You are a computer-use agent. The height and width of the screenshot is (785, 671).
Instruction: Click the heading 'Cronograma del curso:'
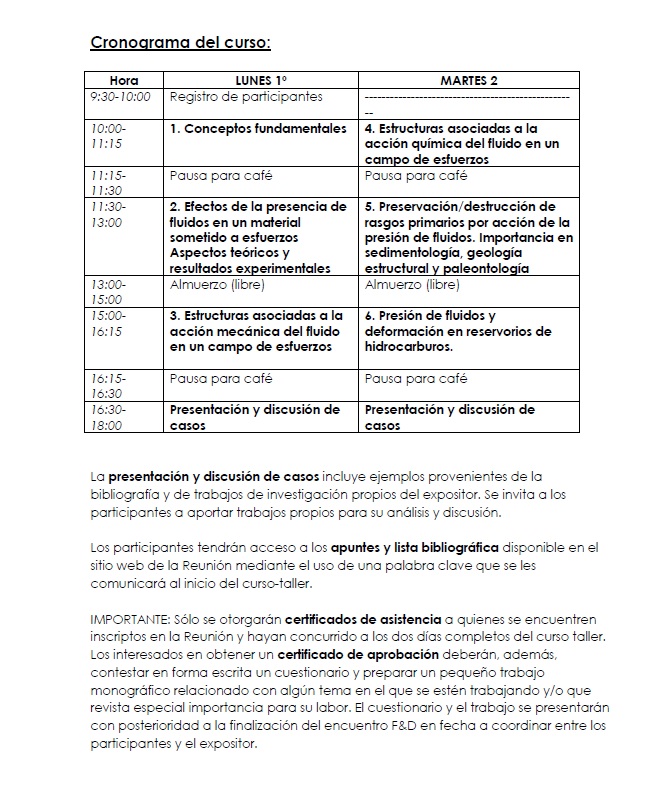click(180, 42)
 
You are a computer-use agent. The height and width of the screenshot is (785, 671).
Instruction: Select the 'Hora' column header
click(124, 80)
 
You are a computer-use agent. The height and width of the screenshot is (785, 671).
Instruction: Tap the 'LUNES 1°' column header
click(260, 80)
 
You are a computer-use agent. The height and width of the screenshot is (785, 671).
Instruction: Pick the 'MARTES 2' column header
click(469, 80)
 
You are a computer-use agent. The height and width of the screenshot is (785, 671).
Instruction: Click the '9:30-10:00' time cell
click(120, 97)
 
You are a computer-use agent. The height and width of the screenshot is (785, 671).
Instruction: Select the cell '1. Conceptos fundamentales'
click(258, 129)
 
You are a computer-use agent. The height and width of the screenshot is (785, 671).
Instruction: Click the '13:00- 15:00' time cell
click(108, 292)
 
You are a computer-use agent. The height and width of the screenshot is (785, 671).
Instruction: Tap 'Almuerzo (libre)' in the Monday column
click(217, 285)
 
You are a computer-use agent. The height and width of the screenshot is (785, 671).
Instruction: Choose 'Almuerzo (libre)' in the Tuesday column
click(412, 285)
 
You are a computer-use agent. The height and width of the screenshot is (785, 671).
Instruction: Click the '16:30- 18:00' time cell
click(108, 417)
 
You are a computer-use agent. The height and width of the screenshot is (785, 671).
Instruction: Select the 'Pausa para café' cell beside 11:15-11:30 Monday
click(221, 175)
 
